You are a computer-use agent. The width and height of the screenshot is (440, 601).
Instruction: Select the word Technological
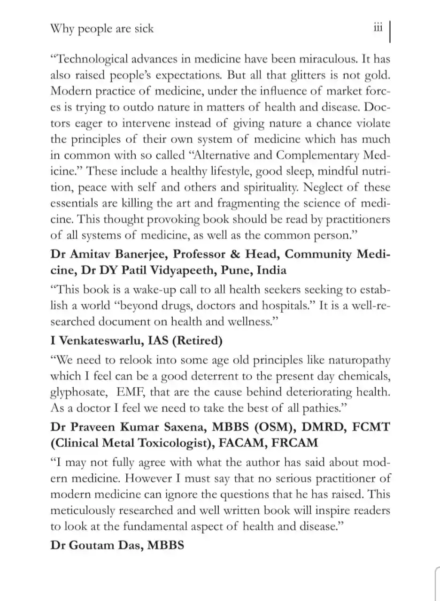[x=88, y=60]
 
